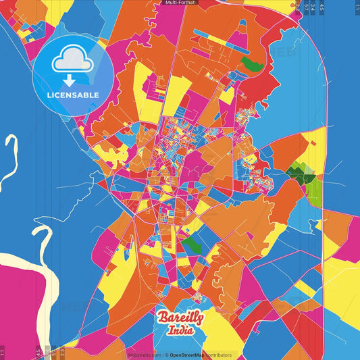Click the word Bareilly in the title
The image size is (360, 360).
coord(180,318)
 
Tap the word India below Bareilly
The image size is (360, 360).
coord(180,331)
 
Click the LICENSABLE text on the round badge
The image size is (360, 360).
coord(73,95)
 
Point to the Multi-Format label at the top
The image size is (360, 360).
coord(180,3)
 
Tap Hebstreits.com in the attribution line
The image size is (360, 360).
coord(144,355)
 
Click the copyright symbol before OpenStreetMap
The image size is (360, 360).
coord(166,355)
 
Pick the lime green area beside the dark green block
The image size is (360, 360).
coord(313,191)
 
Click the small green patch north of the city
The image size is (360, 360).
coord(251,65)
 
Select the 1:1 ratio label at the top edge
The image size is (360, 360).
coord(357,7)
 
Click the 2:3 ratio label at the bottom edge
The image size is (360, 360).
coord(63,351)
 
